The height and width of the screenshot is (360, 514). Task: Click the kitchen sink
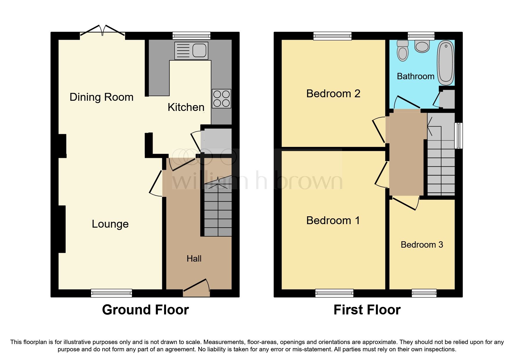coord(191,51)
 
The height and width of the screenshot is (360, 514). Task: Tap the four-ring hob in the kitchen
coord(221,98)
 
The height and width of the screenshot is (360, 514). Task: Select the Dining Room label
coord(101,97)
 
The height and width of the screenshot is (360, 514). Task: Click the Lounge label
coord(110,224)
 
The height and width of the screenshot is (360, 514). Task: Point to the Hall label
coord(194,258)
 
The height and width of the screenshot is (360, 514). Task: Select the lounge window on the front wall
coord(111,293)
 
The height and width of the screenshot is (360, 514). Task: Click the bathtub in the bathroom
coord(446,62)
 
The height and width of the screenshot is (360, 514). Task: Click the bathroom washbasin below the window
coord(422,46)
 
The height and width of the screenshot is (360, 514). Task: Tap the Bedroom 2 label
coord(333,93)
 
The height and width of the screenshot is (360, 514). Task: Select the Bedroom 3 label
coord(422,244)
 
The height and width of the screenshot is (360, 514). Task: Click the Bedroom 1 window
coord(334,293)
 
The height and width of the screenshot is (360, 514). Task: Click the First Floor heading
coord(367,309)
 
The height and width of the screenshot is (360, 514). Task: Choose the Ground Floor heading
coord(145,309)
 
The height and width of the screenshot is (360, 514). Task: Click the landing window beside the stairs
coord(458,136)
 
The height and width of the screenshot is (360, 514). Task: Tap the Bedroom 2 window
coord(333,36)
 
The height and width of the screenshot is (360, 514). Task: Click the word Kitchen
coord(186,107)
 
